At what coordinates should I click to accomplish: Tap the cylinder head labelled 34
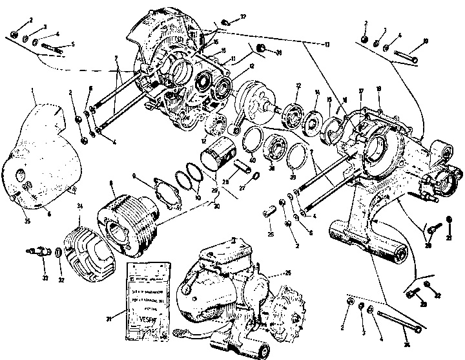(x=86, y=249)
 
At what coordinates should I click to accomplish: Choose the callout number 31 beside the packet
(x=108, y=318)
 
